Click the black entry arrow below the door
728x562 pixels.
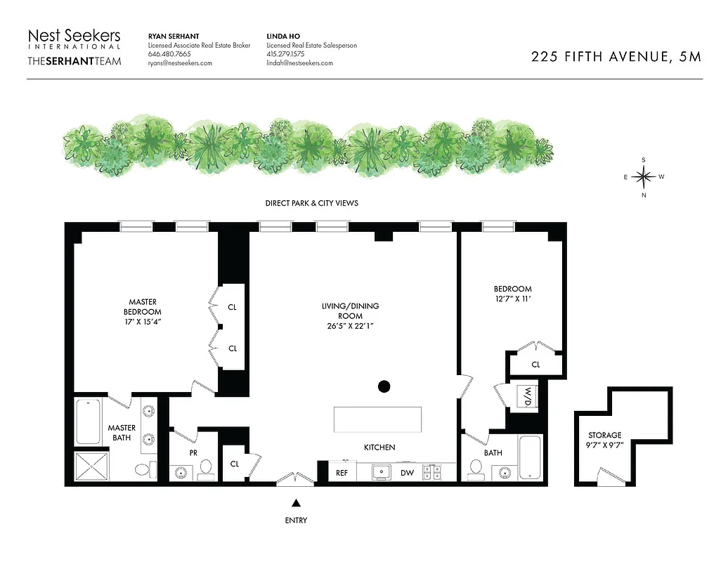click(x=296, y=502)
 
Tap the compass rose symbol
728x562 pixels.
click(x=643, y=177)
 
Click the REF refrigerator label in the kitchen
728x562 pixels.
click(x=342, y=473)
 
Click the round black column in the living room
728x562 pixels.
click(x=384, y=386)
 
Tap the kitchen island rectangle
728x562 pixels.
click(x=377, y=420)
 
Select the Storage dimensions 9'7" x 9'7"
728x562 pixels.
click(x=605, y=445)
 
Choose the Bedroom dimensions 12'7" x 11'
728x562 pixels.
click(x=512, y=299)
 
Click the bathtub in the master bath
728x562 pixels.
click(x=88, y=421)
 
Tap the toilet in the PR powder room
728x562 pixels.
click(x=206, y=468)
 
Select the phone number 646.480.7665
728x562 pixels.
click(x=169, y=54)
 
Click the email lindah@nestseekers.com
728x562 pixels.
click(x=299, y=63)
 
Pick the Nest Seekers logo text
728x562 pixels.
click(x=74, y=36)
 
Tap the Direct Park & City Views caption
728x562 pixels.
click(x=311, y=203)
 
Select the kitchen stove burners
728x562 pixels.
click(x=431, y=473)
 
